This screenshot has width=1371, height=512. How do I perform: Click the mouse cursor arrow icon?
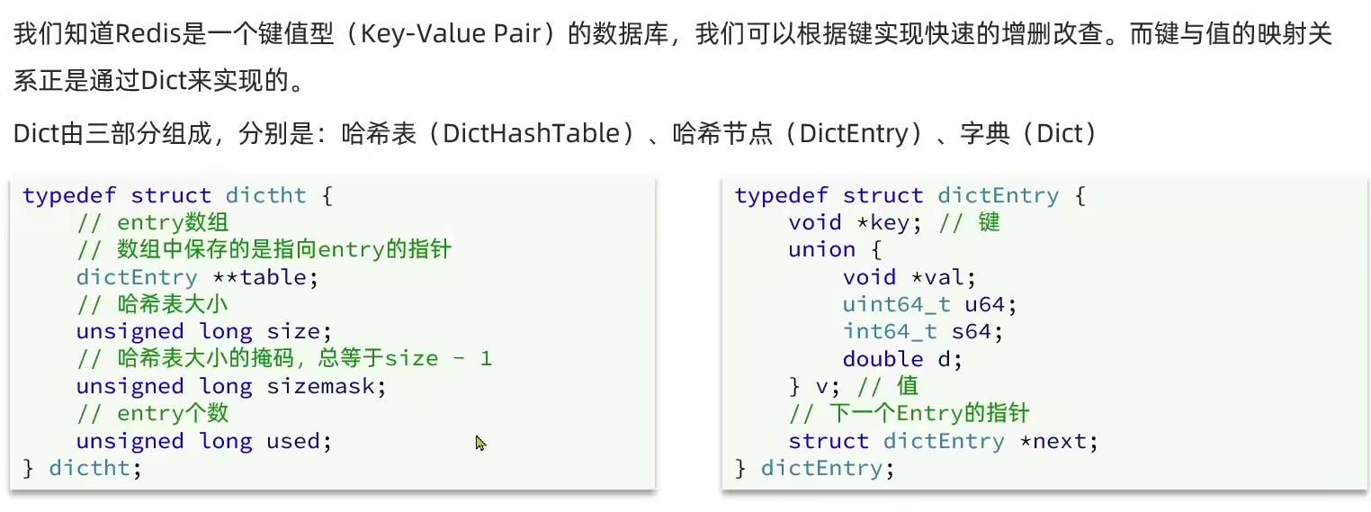[480, 443]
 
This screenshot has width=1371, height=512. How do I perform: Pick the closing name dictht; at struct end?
[94, 468]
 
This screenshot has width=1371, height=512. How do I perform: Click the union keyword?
[821, 250]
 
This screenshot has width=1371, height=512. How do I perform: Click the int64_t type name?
[890, 331]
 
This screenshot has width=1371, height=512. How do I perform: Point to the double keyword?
[883, 359]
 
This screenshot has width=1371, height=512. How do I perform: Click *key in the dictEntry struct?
[890, 223]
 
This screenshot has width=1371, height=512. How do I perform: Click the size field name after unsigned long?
[293, 331]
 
